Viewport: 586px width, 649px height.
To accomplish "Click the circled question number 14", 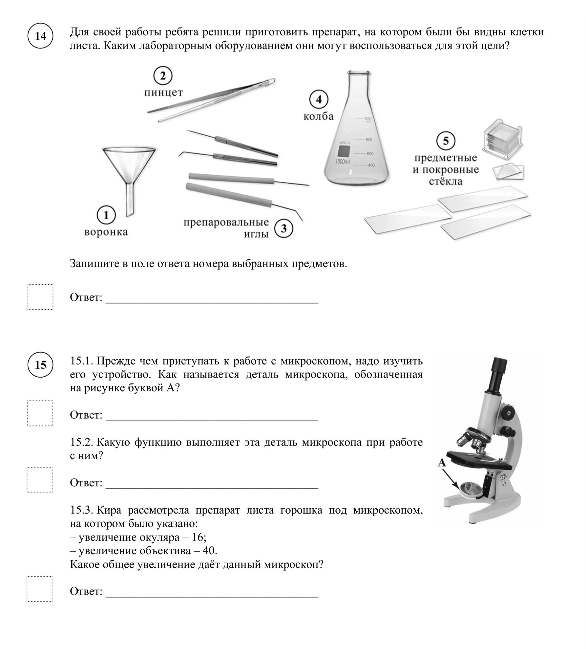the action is click(40, 36).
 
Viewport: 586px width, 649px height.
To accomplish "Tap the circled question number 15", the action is click(40, 365).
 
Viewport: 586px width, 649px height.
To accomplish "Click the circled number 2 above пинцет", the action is click(163, 76).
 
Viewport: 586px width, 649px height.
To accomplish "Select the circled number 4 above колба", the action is click(319, 100).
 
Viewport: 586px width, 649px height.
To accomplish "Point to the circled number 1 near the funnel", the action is click(106, 215).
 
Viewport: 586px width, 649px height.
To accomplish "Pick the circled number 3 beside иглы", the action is click(283, 228).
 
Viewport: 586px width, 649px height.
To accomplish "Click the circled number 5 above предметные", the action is click(446, 141).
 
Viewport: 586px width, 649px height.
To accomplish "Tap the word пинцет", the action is click(163, 93).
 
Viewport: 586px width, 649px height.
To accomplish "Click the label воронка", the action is click(106, 232).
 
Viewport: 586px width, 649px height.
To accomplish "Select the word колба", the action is click(319, 116).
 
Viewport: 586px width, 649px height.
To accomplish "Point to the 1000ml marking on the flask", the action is click(343, 162).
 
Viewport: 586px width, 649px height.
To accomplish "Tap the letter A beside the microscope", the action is click(442, 463).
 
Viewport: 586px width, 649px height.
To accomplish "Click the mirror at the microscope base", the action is click(471, 490).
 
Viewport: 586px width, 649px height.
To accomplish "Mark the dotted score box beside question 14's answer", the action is click(40, 297).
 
